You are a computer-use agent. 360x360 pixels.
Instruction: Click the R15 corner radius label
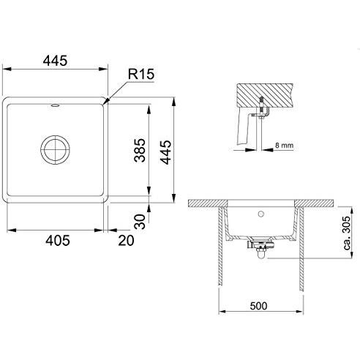point(141,74)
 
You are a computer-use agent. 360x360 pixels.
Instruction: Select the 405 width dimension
point(58,241)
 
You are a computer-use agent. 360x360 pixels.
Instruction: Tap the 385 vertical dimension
point(140,150)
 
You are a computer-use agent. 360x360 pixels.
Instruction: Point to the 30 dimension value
point(140,222)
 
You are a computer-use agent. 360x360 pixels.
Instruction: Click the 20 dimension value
point(126,241)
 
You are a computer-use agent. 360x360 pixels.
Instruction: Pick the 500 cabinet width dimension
point(258,306)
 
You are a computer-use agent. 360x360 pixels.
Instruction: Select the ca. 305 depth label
point(347,233)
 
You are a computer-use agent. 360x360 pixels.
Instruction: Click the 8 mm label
point(284,146)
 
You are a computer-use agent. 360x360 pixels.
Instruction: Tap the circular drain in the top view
point(55,149)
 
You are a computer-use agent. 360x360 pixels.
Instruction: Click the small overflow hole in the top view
point(55,105)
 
